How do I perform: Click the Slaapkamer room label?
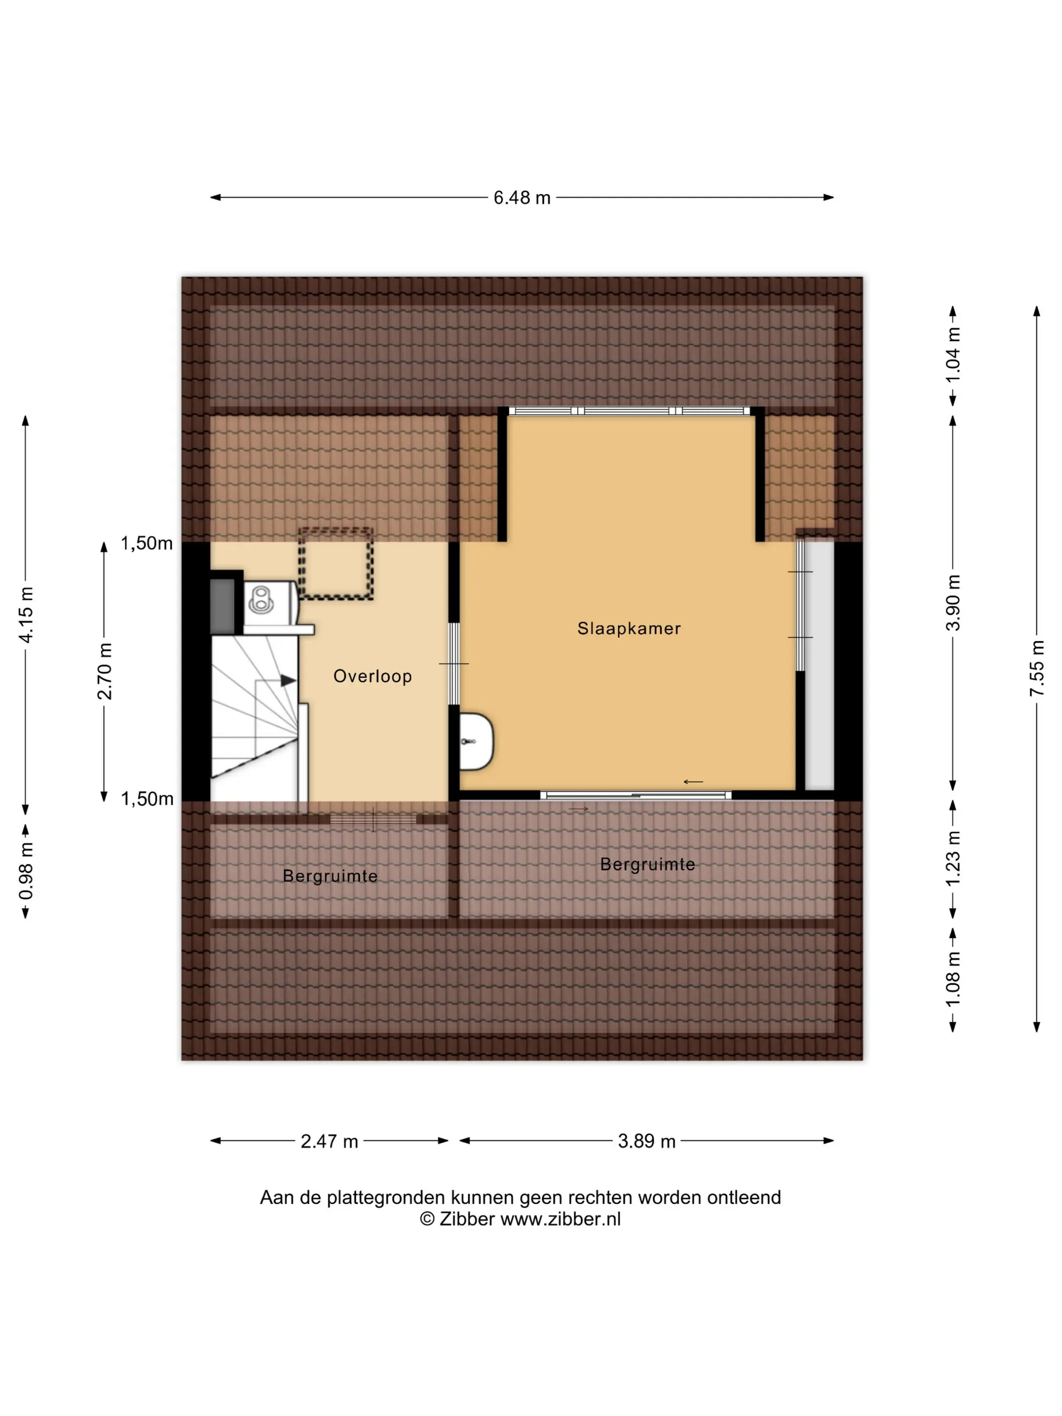629,629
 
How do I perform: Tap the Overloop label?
373,677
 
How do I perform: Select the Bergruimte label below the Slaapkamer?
647,865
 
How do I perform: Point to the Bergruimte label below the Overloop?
330,876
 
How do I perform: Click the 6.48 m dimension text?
522,198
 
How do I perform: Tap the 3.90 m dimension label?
953,602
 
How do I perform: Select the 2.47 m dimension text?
329,1141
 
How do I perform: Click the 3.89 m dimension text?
646,1141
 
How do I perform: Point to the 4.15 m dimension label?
26,614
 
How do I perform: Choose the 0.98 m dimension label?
26,871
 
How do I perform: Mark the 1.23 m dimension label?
953,858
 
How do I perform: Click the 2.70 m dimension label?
104,672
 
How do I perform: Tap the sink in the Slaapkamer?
476,741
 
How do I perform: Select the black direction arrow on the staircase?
289,681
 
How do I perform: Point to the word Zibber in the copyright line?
467,1219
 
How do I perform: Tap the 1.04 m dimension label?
953,355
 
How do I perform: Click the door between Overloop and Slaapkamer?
453,664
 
